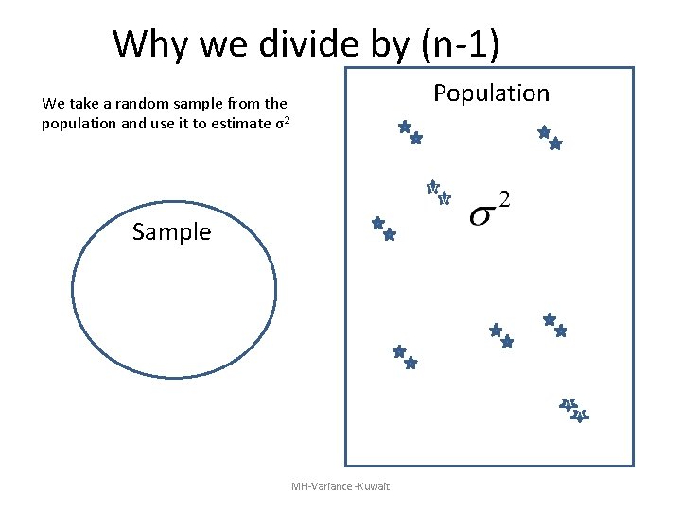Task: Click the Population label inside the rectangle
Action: click(x=490, y=93)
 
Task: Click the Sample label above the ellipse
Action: click(x=172, y=231)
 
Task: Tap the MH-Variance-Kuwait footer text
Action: click(x=340, y=486)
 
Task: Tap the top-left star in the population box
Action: click(x=404, y=127)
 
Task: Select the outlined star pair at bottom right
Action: click(x=574, y=410)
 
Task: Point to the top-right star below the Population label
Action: click(x=544, y=132)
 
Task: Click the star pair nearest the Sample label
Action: click(x=383, y=229)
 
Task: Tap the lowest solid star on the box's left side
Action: click(x=410, y=363)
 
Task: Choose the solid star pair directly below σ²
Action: click(x=500, y=335)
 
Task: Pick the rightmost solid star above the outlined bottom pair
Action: click(x=560, y=331)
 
